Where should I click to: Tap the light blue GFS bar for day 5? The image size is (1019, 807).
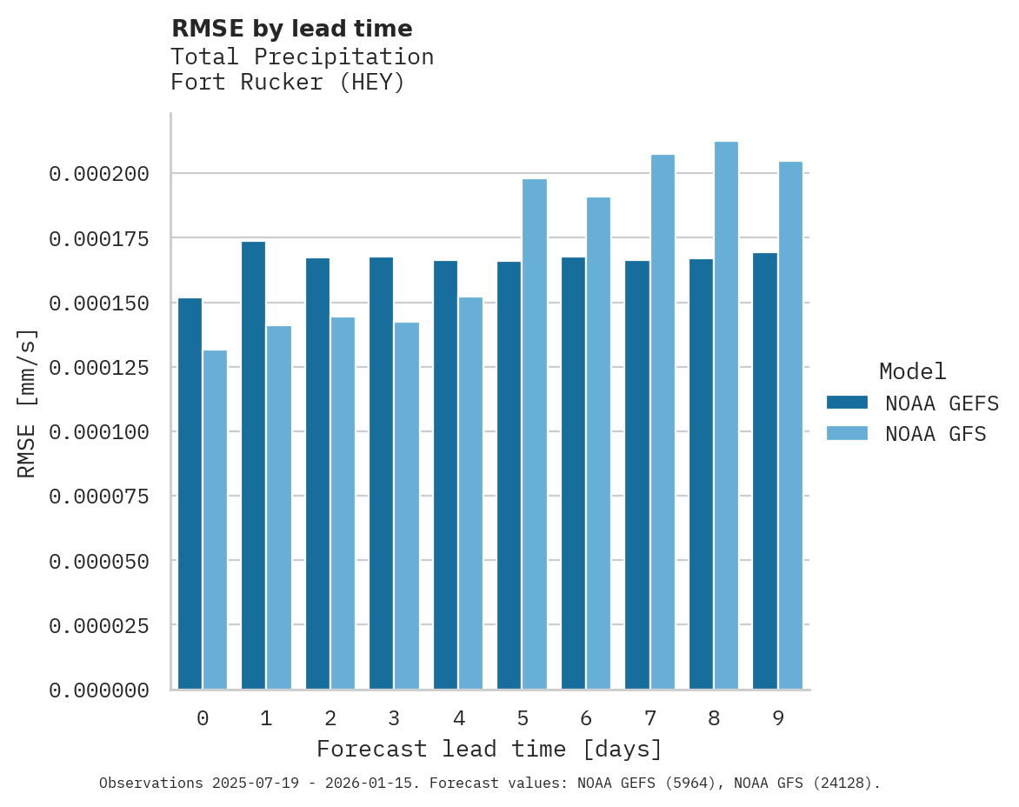(535, 434)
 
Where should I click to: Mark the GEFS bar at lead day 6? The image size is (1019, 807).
(573, 473)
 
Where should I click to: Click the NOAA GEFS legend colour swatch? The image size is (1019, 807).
(847, 403)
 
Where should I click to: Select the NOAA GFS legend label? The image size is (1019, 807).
(936, 434)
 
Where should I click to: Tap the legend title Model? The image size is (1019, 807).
(912, 372)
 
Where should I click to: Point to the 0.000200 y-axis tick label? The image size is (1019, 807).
(99, 174)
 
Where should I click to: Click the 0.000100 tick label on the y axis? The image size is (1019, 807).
(99, 432)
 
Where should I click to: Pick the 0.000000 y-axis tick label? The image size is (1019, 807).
(99, 690)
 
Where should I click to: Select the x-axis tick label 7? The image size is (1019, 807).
(649, 719)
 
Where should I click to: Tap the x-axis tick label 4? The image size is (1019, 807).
(458, 719)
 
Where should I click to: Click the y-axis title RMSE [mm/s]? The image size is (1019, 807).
(27, 403)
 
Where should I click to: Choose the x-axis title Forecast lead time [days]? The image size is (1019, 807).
(490, 750)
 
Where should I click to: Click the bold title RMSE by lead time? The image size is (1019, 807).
(291, 29)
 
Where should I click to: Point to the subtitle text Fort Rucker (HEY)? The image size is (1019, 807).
(288, 83)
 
